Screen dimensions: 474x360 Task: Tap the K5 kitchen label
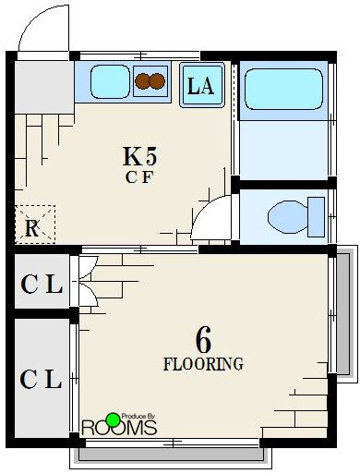click(138, 155)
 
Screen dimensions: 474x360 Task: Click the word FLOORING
click(204, 364)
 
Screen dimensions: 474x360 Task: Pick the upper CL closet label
click(42, 285)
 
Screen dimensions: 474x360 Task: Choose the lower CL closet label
click(42, 379)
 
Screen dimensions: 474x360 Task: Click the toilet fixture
click(295, 217)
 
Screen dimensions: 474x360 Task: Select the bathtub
click(283, 91)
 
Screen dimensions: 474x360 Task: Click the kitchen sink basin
click(110, 82)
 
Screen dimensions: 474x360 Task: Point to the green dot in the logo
click(113, 419)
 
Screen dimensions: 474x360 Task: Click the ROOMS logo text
click(120, 429)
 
